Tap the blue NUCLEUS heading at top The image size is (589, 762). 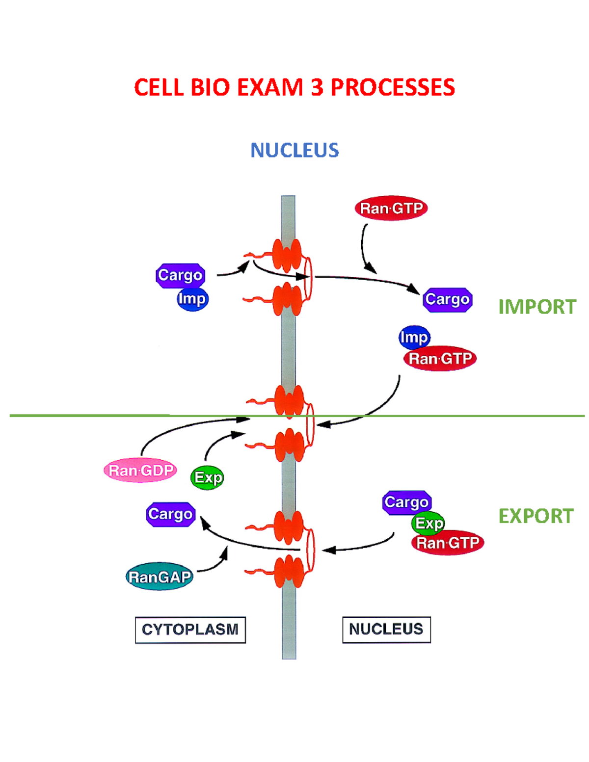294,150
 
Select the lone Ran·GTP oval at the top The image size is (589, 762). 391,209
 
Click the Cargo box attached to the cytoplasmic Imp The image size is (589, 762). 180,275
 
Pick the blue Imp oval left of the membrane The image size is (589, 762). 192,299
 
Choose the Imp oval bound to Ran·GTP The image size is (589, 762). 414,337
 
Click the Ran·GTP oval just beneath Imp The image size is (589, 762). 440,359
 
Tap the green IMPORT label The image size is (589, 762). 537,307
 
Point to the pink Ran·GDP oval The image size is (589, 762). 140,471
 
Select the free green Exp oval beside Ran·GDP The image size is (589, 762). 207,477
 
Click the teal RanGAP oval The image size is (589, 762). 160,577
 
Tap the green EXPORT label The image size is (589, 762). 536,516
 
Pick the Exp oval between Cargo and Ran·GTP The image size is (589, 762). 428,523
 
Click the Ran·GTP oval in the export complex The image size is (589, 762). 448,543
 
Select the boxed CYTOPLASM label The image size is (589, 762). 190,630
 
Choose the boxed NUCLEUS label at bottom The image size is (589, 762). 386,630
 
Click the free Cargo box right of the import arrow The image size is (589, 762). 447,299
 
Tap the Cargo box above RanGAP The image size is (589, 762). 171,514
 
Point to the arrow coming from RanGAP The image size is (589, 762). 216,564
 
